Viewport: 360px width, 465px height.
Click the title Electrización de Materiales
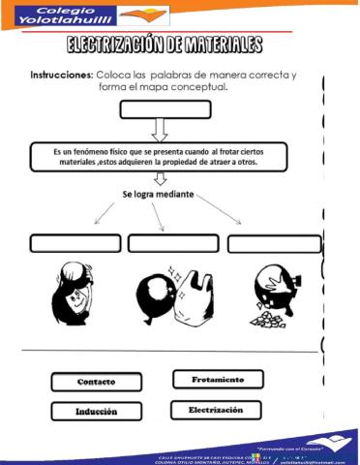165,46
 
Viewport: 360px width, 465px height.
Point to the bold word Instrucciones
61,75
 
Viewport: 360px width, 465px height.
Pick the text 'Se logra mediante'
158,195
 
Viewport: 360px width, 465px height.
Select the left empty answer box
75,242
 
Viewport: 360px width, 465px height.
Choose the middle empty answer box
172,242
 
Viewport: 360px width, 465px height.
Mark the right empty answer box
274,243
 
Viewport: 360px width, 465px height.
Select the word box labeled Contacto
96,382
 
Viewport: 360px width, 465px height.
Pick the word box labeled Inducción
97,411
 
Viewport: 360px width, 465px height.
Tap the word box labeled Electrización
215,410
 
